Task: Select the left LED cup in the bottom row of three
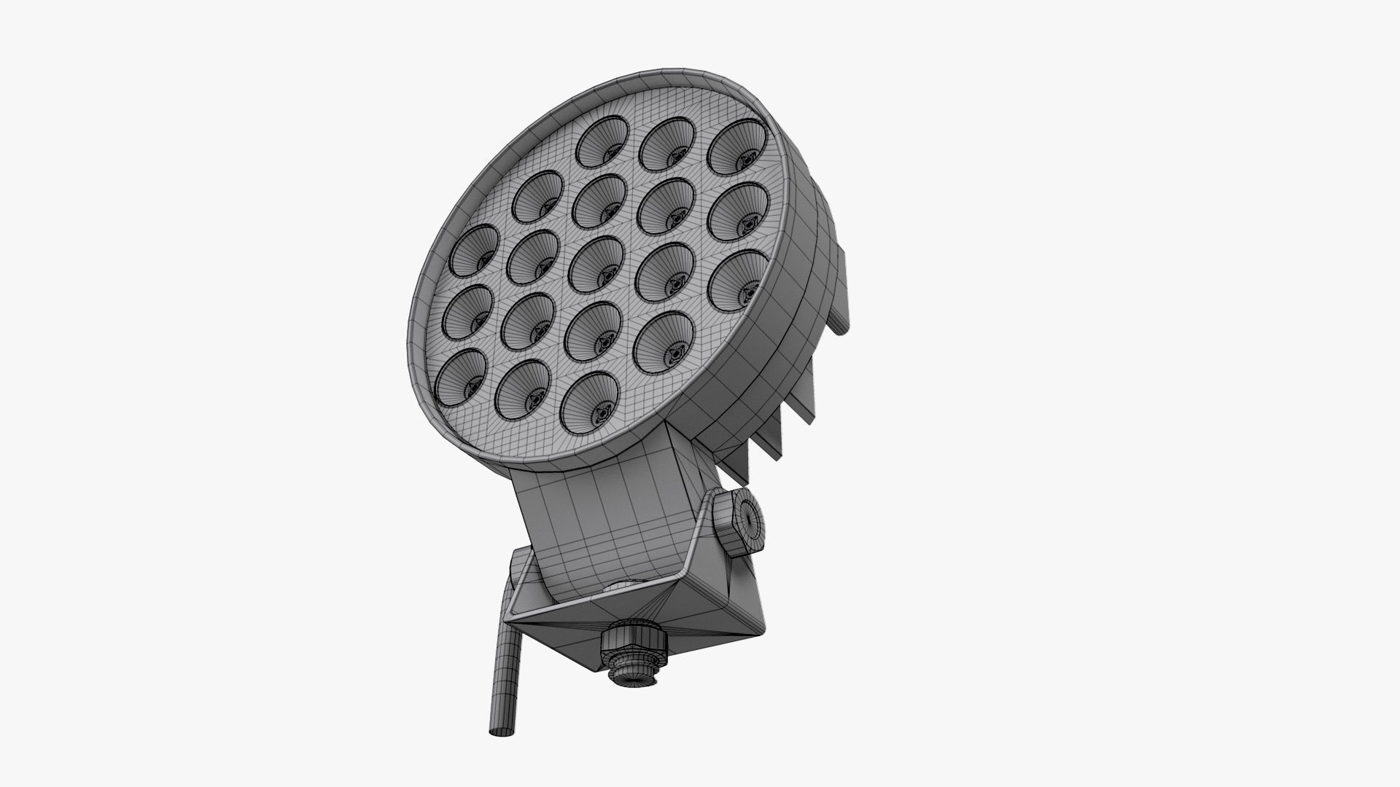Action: click(461, 377)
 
